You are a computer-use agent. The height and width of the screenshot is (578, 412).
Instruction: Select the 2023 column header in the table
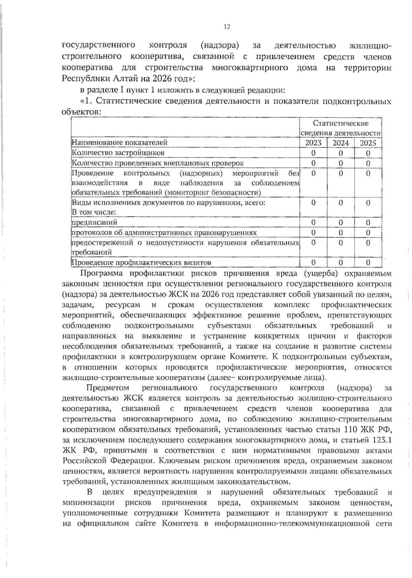click(x=313, y=143)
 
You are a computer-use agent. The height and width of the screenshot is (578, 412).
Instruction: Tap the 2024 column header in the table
click(x=340, y=143)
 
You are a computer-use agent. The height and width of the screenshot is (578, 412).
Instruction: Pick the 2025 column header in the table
click(x=368, y=143)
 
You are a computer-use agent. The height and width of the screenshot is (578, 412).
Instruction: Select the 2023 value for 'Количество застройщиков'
click(x=313, y=153)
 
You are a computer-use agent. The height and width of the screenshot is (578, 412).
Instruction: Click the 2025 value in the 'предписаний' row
click(x=368, y=223)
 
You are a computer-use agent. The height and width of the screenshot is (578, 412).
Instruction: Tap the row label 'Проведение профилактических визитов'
click(x=141, y=263)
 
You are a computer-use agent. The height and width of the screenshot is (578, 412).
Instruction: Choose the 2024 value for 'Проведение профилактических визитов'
click(x=341, y=263)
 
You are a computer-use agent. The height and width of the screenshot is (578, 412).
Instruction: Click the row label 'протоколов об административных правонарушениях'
click(x=164, y=233)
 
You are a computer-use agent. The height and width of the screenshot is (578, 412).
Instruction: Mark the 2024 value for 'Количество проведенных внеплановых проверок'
click(x=341, y=163)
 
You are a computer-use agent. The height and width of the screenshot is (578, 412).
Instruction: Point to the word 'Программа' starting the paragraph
click(x=100, y=273)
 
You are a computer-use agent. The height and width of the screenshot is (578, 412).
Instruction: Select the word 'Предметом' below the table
click(x=107, y=388)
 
